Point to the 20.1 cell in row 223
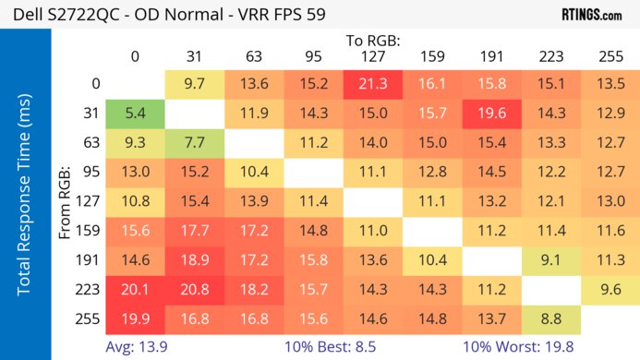[135, 288]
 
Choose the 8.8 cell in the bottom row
[551, 318]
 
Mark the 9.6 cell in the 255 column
[610, 288]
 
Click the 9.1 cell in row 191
[551, 259]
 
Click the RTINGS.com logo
[591, 15]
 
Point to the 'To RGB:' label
[373, 41]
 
